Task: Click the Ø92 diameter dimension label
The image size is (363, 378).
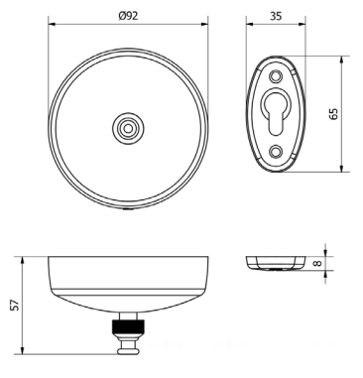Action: (128, 16)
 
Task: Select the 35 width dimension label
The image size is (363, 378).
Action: (276, 16)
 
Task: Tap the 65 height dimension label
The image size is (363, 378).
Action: (334, 114)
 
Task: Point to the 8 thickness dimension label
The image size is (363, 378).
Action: (317, 263)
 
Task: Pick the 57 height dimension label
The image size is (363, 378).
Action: (16, 305)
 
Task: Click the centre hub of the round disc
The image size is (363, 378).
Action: (128, 128)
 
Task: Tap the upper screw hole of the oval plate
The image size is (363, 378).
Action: (276, 76)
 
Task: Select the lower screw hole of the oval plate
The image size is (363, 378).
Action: (276, 152)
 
